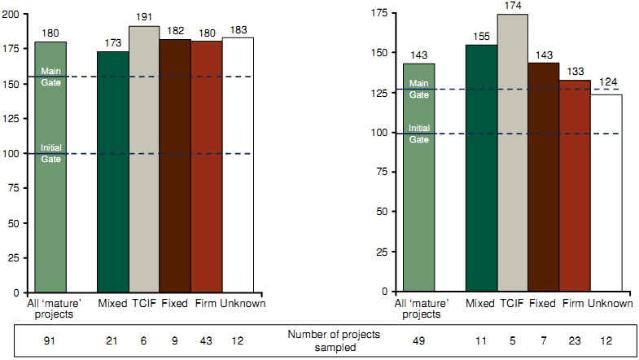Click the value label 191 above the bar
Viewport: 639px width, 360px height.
click(144, 18)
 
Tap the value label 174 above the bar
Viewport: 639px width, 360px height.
click(513, 7)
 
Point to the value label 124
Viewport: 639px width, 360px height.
click(606, 83)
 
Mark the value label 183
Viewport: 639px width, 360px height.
click(238, 29)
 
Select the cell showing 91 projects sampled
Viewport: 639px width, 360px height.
click(50, 339)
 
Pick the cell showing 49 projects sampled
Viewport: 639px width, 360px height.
click(419, 339)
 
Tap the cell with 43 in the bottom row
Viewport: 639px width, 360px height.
click(206, 339)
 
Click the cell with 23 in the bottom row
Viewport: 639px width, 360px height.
click(575, 339)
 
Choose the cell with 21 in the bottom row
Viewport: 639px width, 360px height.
click(113, 339)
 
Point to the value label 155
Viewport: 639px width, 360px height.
click(481, 37)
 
